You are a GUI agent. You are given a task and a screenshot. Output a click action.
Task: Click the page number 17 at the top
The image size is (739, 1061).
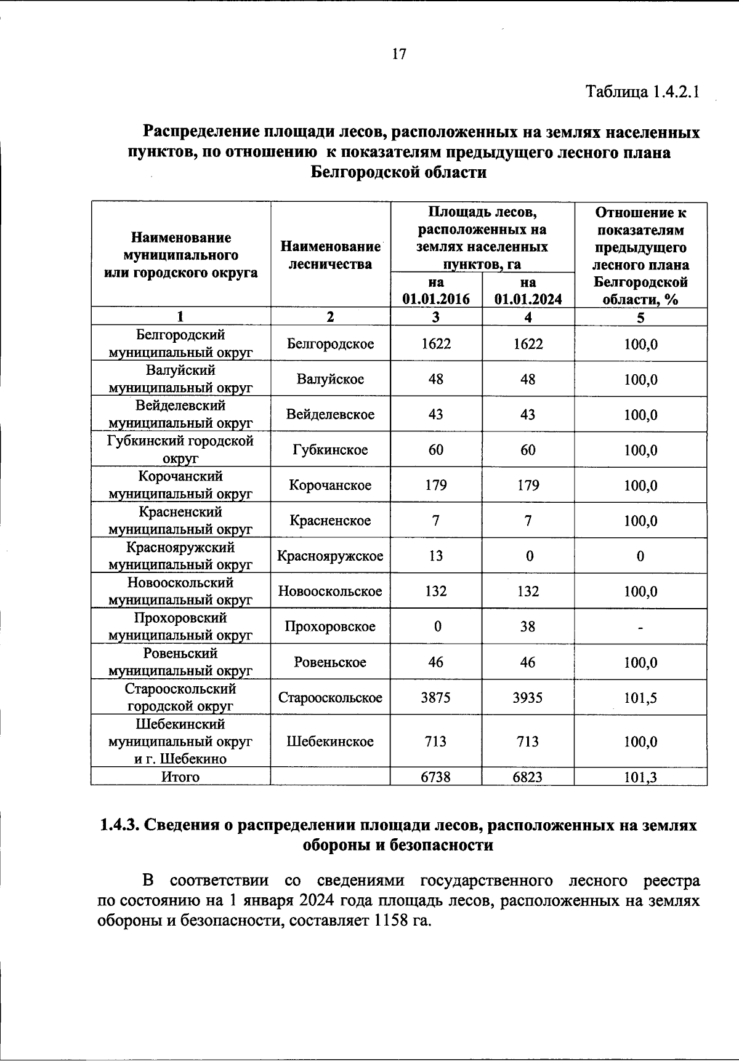[399, 54]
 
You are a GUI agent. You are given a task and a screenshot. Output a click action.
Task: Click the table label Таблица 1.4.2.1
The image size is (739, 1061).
[642, 92]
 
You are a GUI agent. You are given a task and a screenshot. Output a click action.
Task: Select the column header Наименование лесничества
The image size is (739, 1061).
[330, 255]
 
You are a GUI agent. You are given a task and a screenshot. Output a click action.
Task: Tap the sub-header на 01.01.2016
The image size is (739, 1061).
[436, 290]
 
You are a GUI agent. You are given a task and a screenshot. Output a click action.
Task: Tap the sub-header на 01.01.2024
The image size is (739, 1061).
[528, 290]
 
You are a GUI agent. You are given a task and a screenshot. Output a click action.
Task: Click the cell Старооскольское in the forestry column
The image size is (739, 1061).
[330, 697]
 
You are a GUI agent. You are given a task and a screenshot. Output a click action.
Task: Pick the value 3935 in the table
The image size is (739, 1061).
[528, 697]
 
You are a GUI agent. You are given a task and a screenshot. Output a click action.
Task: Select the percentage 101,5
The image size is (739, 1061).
[640, 697]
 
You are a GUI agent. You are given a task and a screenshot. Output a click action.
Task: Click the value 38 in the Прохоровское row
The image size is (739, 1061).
[528, 627]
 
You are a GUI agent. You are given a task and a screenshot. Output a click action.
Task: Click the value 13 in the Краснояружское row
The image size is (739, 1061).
[436, 556]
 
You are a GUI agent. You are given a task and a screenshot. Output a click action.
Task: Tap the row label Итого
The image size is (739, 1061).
[180, 777]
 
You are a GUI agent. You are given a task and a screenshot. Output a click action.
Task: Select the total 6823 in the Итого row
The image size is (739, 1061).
[528, 777]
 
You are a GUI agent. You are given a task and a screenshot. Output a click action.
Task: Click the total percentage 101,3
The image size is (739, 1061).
[640, 777]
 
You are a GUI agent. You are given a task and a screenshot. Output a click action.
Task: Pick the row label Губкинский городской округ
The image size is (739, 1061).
[180, 449]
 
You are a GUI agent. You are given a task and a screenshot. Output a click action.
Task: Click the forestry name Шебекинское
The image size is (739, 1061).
[330, 741]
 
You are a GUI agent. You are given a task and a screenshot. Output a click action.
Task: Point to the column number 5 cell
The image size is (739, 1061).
[640, 318]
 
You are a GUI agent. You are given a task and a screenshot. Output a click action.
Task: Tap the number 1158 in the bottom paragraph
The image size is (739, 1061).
[389, 921]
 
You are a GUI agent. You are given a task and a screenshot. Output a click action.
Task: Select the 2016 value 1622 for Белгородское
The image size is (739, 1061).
[436, 343]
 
